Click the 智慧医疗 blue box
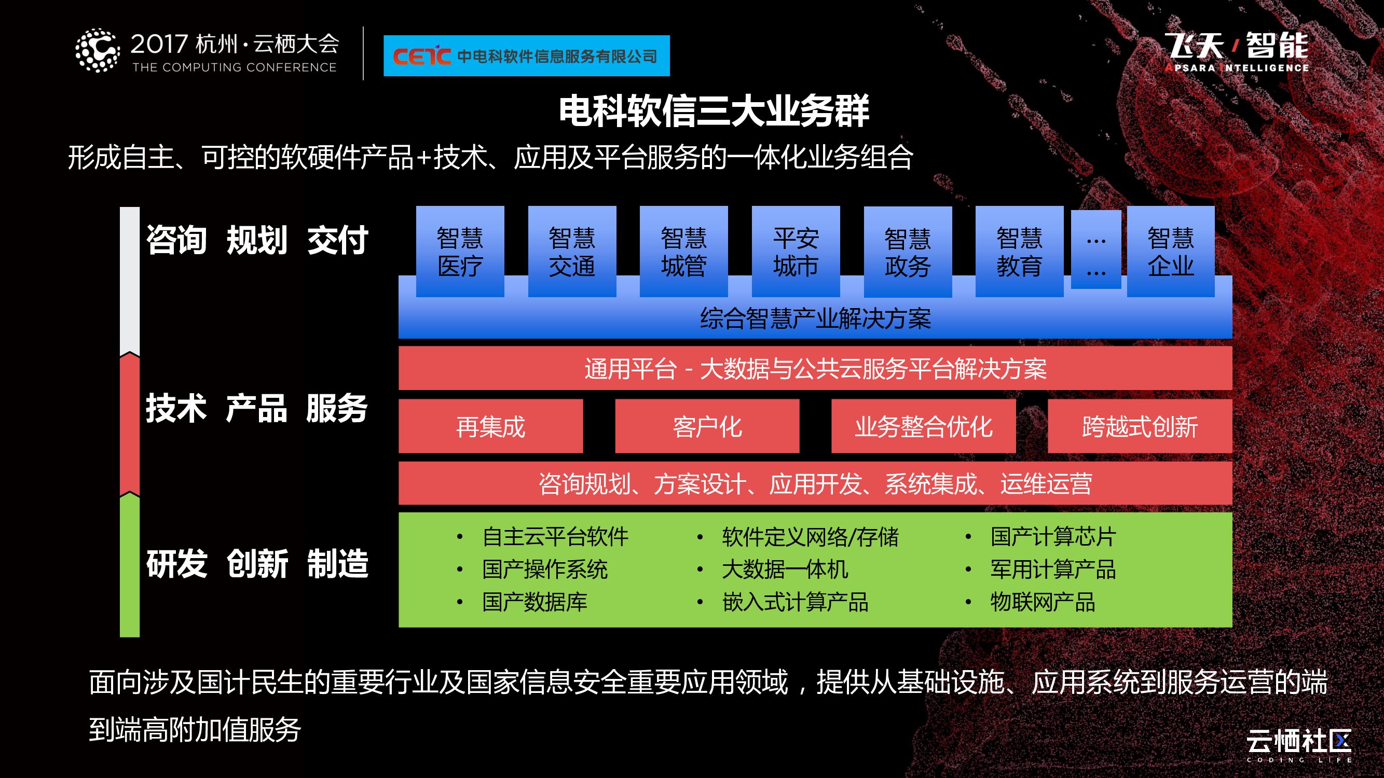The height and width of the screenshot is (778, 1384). (460, 251)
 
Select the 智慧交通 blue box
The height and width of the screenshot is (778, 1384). (572, 251)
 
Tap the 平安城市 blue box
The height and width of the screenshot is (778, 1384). (796, 251)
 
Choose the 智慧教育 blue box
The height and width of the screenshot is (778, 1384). (1019, 251)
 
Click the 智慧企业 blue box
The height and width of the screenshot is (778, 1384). (1171, 251)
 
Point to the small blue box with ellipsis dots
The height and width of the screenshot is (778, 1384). (1096, 249)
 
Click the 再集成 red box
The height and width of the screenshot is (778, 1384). (490, 426)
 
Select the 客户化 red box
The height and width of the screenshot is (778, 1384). (707, 426)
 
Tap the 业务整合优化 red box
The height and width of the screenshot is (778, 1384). (924, 426)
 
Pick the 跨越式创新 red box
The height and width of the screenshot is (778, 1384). (1140, 426)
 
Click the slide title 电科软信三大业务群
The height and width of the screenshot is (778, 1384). (714, 111)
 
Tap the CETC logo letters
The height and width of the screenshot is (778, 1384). (421, 56)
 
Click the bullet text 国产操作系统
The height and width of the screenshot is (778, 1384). (545, 569)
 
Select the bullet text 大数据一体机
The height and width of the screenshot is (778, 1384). (785, 569)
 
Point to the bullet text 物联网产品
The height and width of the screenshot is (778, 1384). (1043, 602)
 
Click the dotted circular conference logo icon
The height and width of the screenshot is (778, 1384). (97, 50)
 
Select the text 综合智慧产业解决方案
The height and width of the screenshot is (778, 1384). (815, 318)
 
